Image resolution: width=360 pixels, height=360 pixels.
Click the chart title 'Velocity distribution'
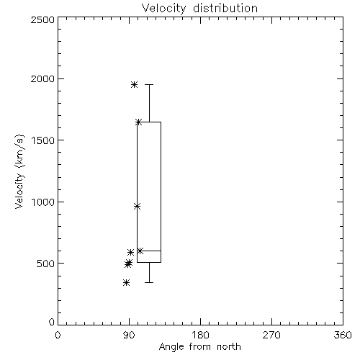(x=199, y=9)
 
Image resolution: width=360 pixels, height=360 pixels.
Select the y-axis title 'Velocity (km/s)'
(x=19, y=171)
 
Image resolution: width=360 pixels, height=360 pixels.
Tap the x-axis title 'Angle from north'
(x=199, y=347)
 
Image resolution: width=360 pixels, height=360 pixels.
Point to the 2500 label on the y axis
(x=42, y=19)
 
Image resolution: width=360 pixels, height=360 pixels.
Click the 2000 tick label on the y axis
(x=42, y=78)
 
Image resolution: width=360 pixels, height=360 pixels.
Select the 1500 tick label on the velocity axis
(x=43, y=140)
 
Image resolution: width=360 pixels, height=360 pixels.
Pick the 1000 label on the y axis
(x=43, y=202)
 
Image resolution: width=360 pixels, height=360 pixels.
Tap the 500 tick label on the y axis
(x=46, y=264)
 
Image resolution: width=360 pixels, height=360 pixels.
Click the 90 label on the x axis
(x=129, y=335)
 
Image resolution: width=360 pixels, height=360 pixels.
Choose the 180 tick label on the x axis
(x=200, y=335)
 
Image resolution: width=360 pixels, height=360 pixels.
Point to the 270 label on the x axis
(x=271, y=335)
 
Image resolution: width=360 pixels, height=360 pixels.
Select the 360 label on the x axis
(x=343, y=335)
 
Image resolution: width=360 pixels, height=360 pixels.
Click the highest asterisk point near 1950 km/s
(x=134, y=84)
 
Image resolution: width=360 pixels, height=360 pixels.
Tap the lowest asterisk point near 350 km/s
(x=126, y=282)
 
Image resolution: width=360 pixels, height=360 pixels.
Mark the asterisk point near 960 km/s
(x=137, y=206)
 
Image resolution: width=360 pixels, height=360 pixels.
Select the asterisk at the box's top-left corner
(x=138, y=122)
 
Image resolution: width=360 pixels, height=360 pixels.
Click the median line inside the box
(x=149, y=251)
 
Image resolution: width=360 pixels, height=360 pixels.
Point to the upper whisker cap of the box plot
(x=149, y=84)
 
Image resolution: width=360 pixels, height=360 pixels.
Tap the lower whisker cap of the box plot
(x=149, y=282)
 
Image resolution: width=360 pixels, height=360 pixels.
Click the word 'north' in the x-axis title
(x=229, y=347)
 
